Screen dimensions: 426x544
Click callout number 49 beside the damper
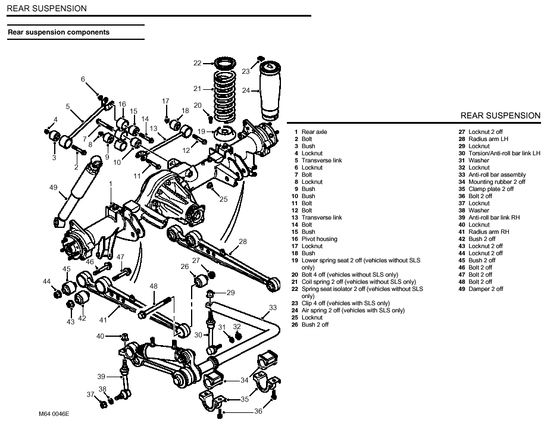[53, 187]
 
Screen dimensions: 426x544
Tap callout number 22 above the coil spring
[198, 62]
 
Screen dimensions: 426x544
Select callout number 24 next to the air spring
[246, 90]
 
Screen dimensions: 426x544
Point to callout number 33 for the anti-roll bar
[273, 308]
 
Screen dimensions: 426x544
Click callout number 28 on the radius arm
[242, 242]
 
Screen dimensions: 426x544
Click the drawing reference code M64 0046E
[46, 413]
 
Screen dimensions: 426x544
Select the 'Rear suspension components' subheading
[58, 32]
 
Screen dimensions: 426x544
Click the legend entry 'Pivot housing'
[319, 239]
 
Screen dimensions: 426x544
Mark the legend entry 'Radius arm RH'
[489, 232]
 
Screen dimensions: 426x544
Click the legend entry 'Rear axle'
[314, 132]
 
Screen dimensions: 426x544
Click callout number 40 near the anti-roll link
[100, 336]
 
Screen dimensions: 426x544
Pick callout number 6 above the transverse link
[83, 79]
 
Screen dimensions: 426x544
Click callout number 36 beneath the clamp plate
[258, 411]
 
